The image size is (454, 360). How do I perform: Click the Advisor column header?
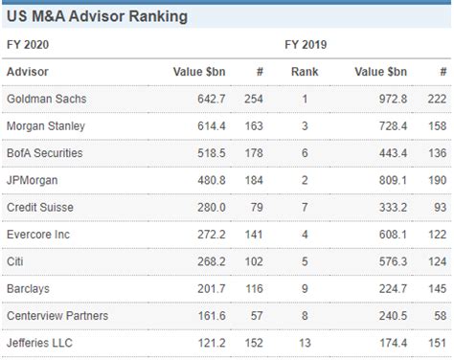click(28, 72)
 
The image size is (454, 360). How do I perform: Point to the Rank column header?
click(305, 72)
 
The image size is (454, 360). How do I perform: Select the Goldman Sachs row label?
click(48, 100)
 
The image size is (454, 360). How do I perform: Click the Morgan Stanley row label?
click(48, 126)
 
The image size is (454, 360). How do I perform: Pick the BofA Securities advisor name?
click(45, 153)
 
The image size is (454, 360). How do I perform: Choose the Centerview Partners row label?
click(57, 315)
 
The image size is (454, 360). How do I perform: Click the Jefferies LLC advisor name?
click(40, 342)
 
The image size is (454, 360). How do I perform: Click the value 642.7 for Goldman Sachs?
click(206, 100)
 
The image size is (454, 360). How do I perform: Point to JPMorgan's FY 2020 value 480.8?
click(206, 181)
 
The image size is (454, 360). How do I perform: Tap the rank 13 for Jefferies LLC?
click(305, 342)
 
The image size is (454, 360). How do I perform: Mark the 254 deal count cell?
click(253, 100)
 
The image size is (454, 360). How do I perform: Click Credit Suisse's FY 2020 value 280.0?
click(206, 208)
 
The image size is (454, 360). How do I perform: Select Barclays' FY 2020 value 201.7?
click(206, 288)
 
